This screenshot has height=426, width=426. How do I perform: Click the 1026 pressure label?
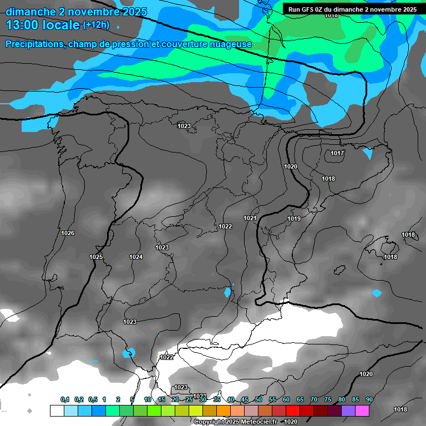point(68,233)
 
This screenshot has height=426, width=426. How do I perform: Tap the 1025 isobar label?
point(96,257)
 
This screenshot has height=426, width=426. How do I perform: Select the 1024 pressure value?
point(136,257)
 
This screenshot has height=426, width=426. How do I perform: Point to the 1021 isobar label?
point(250,218)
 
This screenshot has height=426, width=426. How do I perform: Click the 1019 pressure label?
point(294,219)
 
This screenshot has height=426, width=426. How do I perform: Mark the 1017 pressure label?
point(337,153)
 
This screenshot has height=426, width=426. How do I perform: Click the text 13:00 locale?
point(43,25)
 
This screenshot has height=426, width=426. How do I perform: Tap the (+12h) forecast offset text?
point(96,25)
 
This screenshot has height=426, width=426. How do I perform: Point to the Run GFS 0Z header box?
point(352,9)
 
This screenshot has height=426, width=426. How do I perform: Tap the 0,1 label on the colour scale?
point(65,400)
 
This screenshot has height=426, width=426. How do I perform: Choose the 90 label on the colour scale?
point(369,400)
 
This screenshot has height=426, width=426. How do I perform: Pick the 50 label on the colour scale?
point(258,400)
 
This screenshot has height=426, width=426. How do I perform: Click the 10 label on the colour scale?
point(148,400)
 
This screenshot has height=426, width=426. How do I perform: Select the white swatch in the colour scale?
point(57,410)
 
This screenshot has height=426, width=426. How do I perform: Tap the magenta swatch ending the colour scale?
point(362,410)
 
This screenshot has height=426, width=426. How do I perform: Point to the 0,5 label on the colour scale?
point(93,400)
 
